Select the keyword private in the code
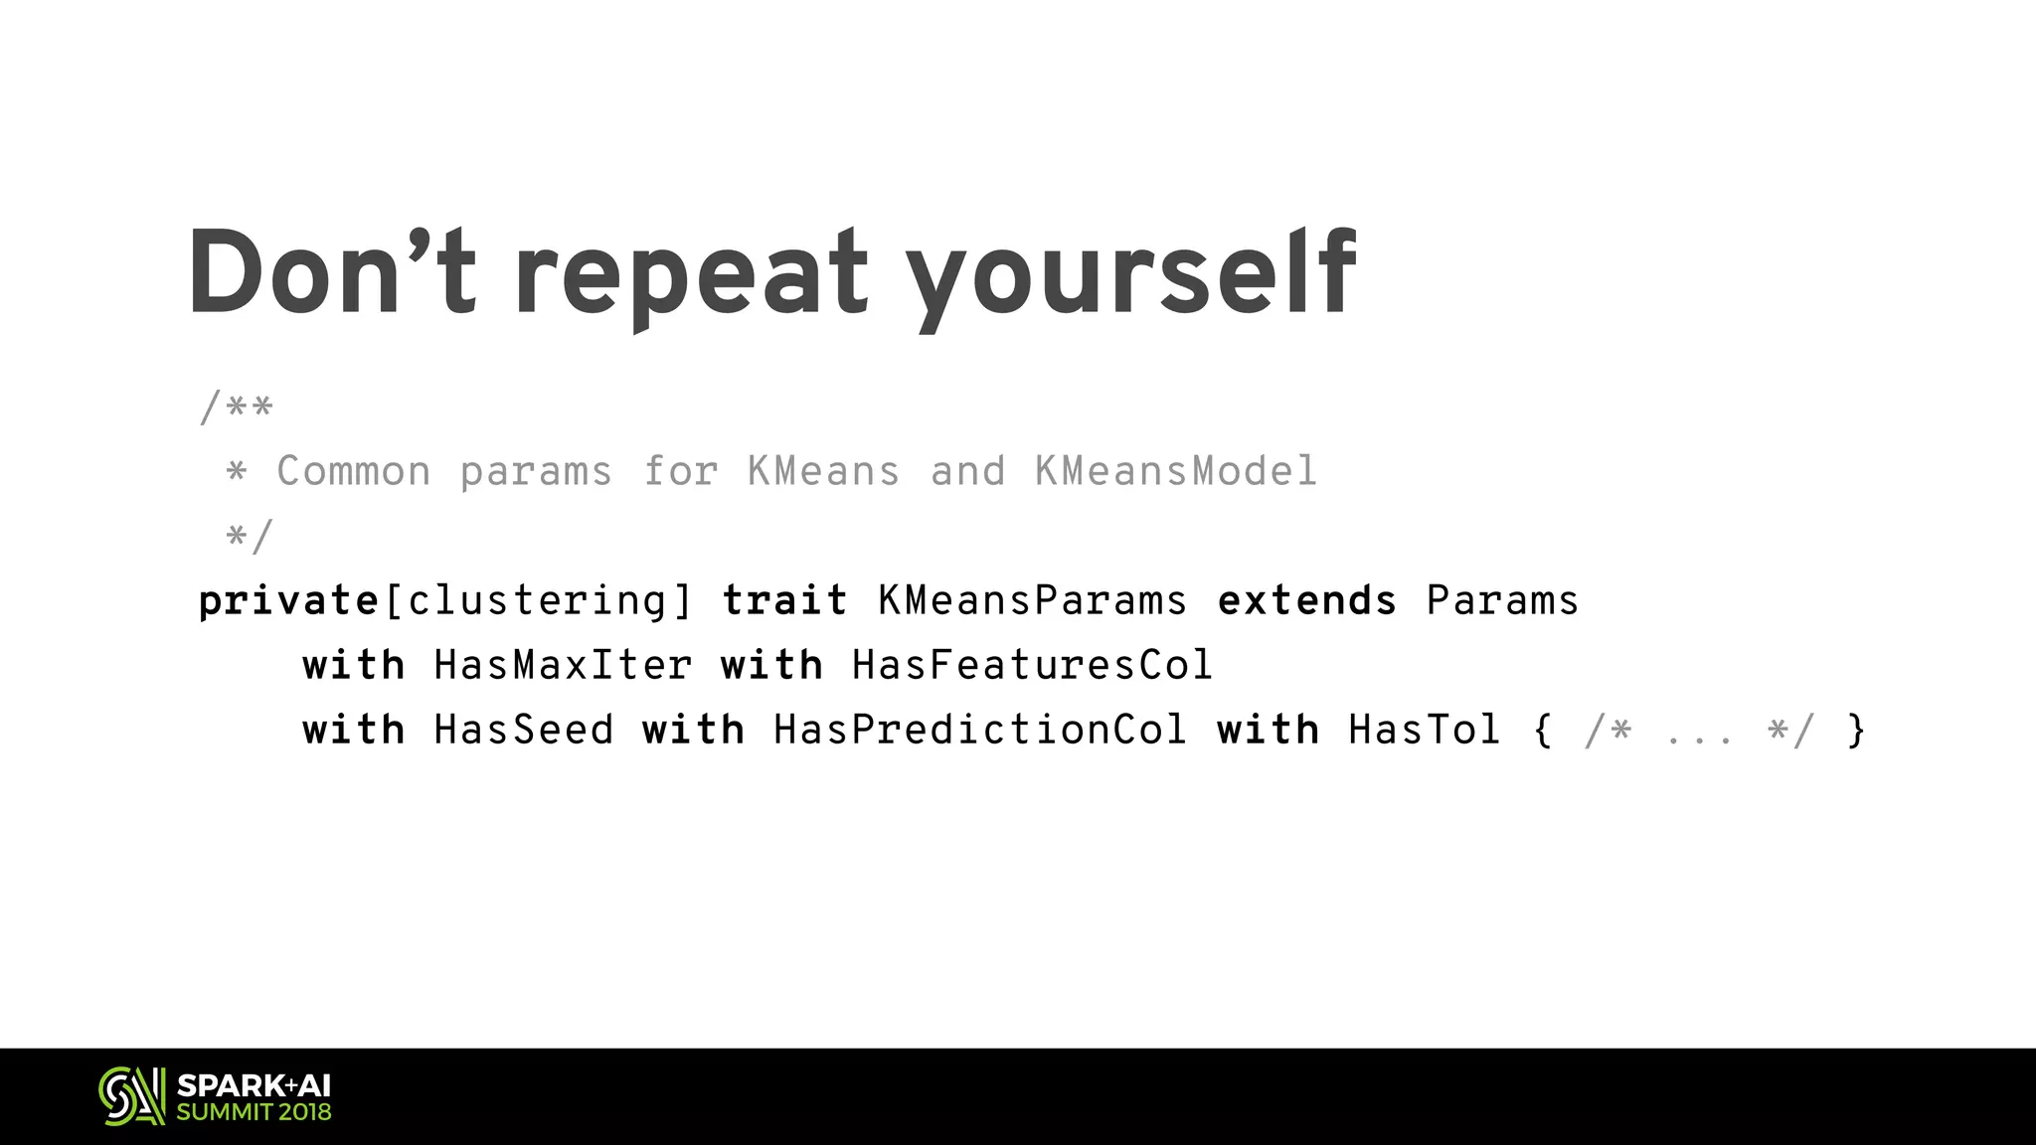coord(288,601)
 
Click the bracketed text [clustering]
coord(538,601)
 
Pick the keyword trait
coord(784,601)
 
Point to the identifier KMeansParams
coord(1032,601)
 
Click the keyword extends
coord(1306,601)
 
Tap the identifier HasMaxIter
coord(563,665)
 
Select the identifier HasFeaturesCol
coord(1032,665)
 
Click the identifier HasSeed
coord(524,731)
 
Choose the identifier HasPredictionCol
coord(979,731)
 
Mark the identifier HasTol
coord(1424,731)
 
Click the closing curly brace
coord(1855,731)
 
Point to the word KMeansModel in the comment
coord(1176,471)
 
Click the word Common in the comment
coord(354,471)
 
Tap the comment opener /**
coord(237,408)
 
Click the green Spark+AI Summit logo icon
coord(131,1096)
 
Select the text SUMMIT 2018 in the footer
coord(254,1112)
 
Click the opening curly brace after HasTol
coord(1542,731)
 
